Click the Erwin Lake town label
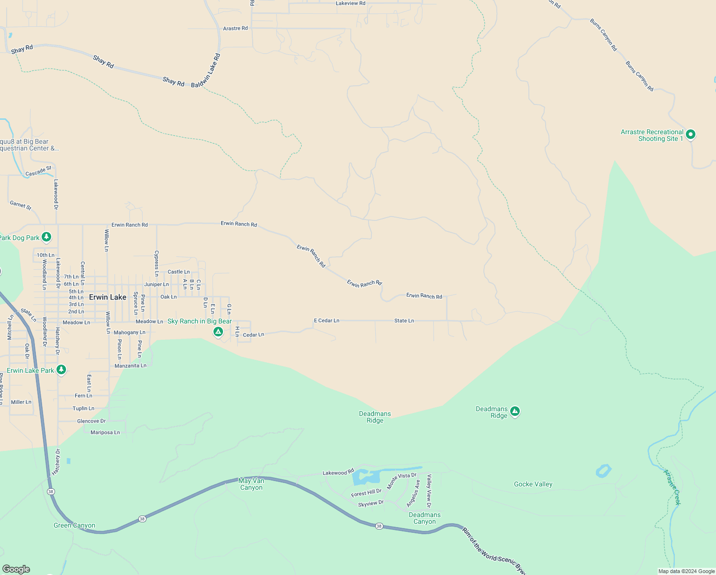[108, 297]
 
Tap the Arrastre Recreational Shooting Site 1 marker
[690, 135]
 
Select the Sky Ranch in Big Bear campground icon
[218, 332]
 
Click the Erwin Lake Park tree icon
[61, 369]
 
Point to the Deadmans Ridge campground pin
[515, 411]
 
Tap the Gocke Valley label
[533, 484]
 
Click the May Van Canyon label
[251, 484]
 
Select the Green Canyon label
[74, 526]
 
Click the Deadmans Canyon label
[425, 518]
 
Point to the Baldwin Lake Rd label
[206, 70]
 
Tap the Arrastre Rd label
[235, 28]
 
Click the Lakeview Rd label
[350, 3]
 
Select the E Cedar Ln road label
[326, 321]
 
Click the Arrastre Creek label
[671, 487]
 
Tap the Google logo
[16, 569]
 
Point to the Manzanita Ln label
[131, 366]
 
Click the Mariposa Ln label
[105, 432]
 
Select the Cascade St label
[38, 171]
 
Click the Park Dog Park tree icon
[46, 237]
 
